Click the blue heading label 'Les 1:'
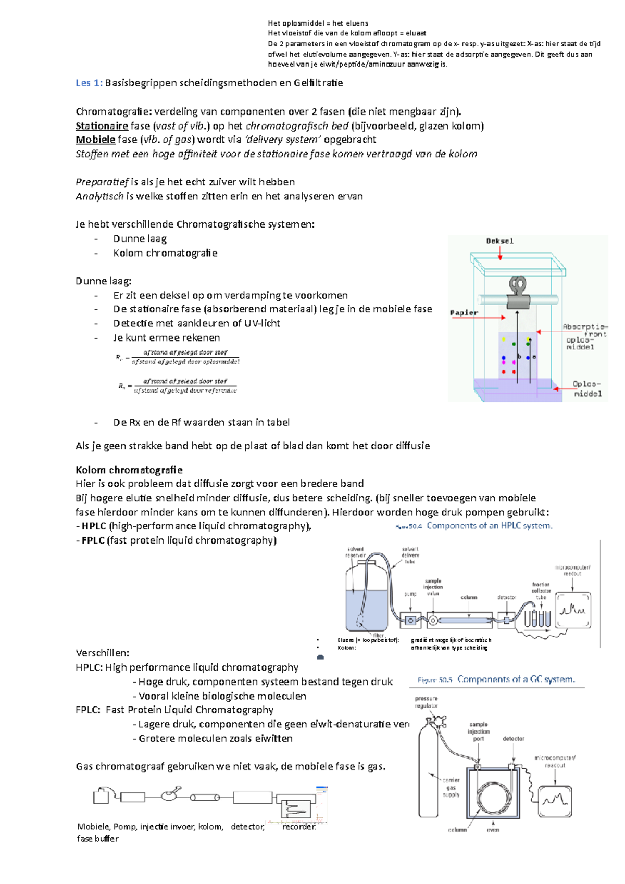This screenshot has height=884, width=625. pyautogui.click(x=89, y=83)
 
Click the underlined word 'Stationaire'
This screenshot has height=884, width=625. pyautogui.click(x=102, y=126)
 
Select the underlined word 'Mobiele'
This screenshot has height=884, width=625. pyautogui.click(x=95, y=140)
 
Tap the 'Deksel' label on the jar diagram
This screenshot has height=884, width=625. pyautogui.click(x=499, y=241)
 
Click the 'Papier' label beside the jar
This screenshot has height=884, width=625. pyautogui.click(x=464, y=313)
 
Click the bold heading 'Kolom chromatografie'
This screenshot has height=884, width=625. pyautogui.click(x=129, y=470)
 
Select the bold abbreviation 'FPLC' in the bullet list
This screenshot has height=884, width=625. pyautogui.click(x=93, y=540)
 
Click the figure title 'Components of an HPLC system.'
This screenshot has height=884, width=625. pyautogui.click(x=489, y=526)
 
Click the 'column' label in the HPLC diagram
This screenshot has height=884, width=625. pyautogui.click(x=469, y=597)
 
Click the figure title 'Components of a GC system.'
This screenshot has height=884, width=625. pyautogui.click(x=516, y=680)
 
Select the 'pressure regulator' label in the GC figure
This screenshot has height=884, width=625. pyautogui.click(x=426, y=702)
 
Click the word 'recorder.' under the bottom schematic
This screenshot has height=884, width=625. pyautogui.click(x=299, y=827)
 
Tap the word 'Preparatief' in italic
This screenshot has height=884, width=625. pyautogui.click(x=102, y=182)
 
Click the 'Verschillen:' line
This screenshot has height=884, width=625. pyautogui.click(x=103, y=653)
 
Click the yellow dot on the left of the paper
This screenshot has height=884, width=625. pyautogui.click(x=504, y=339)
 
